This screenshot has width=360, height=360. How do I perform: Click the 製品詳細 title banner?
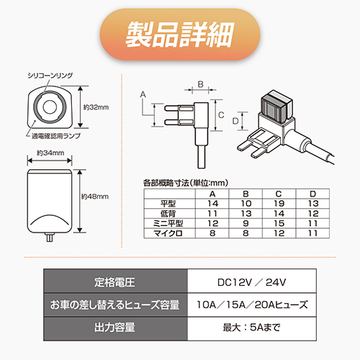(x=180, y=35)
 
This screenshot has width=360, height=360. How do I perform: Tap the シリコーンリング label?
(x=50, y=76)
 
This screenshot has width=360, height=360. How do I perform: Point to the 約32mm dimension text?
(x=96, y=107)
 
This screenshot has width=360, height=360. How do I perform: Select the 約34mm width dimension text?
(x=50, y=153)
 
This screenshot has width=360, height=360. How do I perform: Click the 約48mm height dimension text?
(x=95, y=197)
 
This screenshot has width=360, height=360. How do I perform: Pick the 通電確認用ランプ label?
(x=56, y=136)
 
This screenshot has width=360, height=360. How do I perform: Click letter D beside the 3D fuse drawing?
(x=235, y=121)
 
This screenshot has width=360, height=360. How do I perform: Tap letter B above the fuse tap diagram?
(x=201, y=84)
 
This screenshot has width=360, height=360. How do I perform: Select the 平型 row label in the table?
(x=168, y=204)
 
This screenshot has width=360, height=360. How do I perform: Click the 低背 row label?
(x=168, y=214)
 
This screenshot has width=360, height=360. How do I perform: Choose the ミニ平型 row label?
(x=168, y=224)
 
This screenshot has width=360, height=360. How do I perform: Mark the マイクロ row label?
(x=168, y=233)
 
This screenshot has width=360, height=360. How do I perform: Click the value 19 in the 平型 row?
(x=279, y=204)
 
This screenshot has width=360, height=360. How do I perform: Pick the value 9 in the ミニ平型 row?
(x=246, y=224)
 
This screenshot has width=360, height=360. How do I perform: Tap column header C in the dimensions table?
(x=279, y=194)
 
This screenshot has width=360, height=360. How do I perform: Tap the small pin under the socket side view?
(x=50, y=238)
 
